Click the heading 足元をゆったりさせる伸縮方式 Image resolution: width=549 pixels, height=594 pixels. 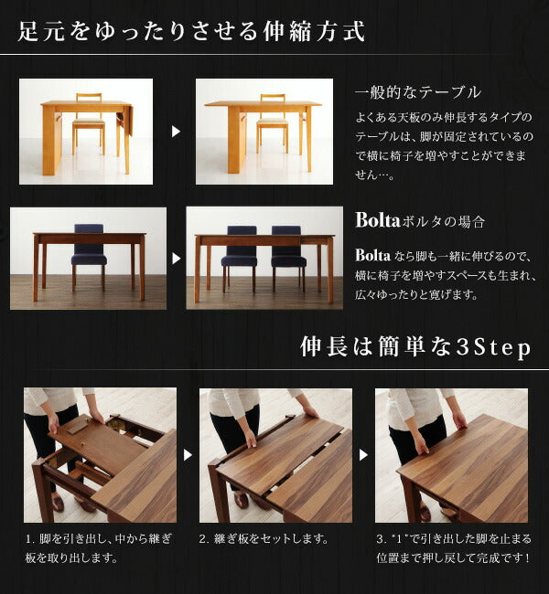coord(191,32)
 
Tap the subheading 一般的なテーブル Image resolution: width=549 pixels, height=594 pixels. coord(417,93)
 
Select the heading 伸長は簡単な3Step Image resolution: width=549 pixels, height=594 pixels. coord(416,348)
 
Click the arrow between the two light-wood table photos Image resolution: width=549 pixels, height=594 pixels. coord(176,132)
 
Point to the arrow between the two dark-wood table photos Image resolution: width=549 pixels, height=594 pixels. coord(176,259)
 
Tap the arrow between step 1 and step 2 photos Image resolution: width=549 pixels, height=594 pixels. coord(188,454)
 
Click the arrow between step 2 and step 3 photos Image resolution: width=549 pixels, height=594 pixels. coord(363,454)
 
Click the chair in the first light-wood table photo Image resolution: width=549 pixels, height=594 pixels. coord(89,123)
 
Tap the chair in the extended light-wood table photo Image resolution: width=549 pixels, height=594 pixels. coord(272,123)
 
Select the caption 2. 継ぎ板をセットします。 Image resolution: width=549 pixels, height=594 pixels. coord(264,539)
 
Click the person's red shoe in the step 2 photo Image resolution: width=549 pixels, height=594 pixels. coord(242,500)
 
